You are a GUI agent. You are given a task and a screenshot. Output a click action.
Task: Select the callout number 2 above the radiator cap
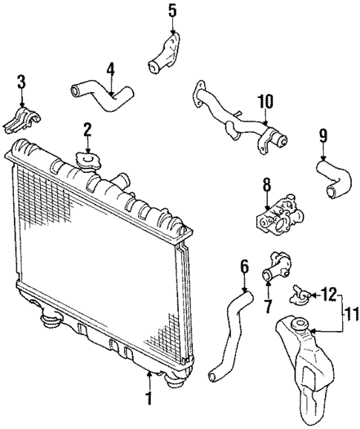pyautogui.click(x=87, y=131)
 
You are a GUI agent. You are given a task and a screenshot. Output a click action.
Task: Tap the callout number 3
pyautogui.click(x=22, y=82)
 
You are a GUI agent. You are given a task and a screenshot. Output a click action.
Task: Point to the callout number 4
pyautogui.click(x=110, y=71)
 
